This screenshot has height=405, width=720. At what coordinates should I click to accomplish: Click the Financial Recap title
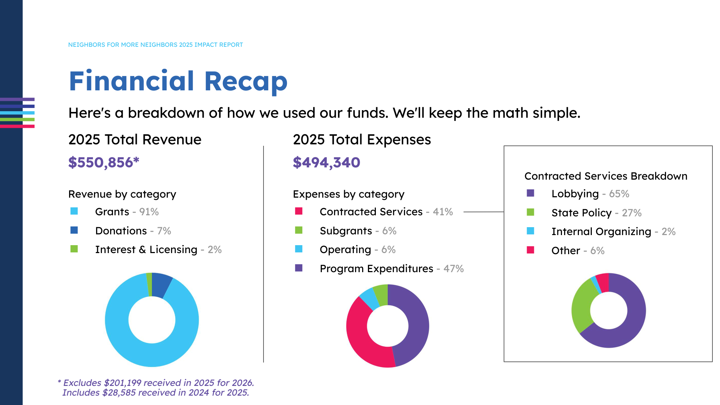[x=178, y=81]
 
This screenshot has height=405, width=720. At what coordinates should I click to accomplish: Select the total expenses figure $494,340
[x=326, y=163]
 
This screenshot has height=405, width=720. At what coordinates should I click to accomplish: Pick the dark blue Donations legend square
[x=74, y=230]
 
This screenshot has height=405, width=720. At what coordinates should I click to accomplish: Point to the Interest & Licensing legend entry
[x=158, y=249]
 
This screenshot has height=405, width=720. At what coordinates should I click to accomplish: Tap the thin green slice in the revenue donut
[x=149, y=284]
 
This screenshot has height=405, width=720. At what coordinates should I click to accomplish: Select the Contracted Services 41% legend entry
[x=386, y=212]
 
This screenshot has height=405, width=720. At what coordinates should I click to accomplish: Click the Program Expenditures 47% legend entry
[x=391, y=269]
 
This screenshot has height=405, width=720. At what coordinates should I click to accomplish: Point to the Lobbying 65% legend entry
[x=590, y=194]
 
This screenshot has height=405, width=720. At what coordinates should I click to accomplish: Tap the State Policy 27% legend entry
[x=596, y=213]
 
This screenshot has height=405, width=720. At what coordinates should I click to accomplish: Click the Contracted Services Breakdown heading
[x=606, y=176]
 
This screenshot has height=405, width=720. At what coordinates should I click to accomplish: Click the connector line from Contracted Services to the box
[x=483, y=212]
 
